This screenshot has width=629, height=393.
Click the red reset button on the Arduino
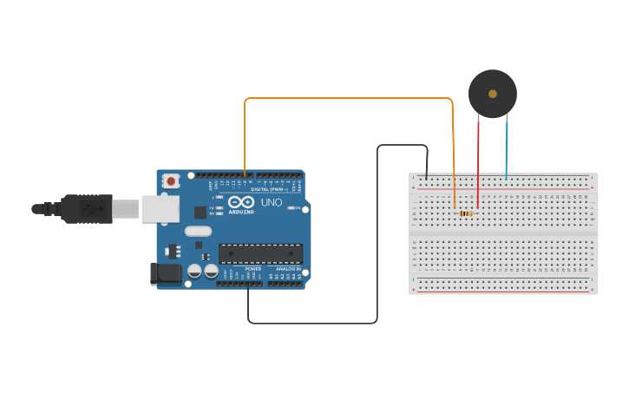click(171, 181)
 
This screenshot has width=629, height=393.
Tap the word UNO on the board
click(272, 203)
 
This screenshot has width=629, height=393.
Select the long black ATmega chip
click(260, 254)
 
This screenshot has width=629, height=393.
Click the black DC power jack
click(166, 273)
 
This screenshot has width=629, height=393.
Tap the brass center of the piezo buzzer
click(493, 94)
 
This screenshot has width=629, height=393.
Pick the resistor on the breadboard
click(467, 213)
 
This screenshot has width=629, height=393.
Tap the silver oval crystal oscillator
click(197, 231)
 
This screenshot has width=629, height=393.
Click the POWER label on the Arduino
click(253, 269)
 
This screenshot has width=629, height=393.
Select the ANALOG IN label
click(289, 269)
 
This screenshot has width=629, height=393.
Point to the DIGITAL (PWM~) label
click(269, 189)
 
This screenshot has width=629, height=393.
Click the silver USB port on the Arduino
click(160, 209)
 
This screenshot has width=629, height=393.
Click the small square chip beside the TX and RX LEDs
click(200, 212)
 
